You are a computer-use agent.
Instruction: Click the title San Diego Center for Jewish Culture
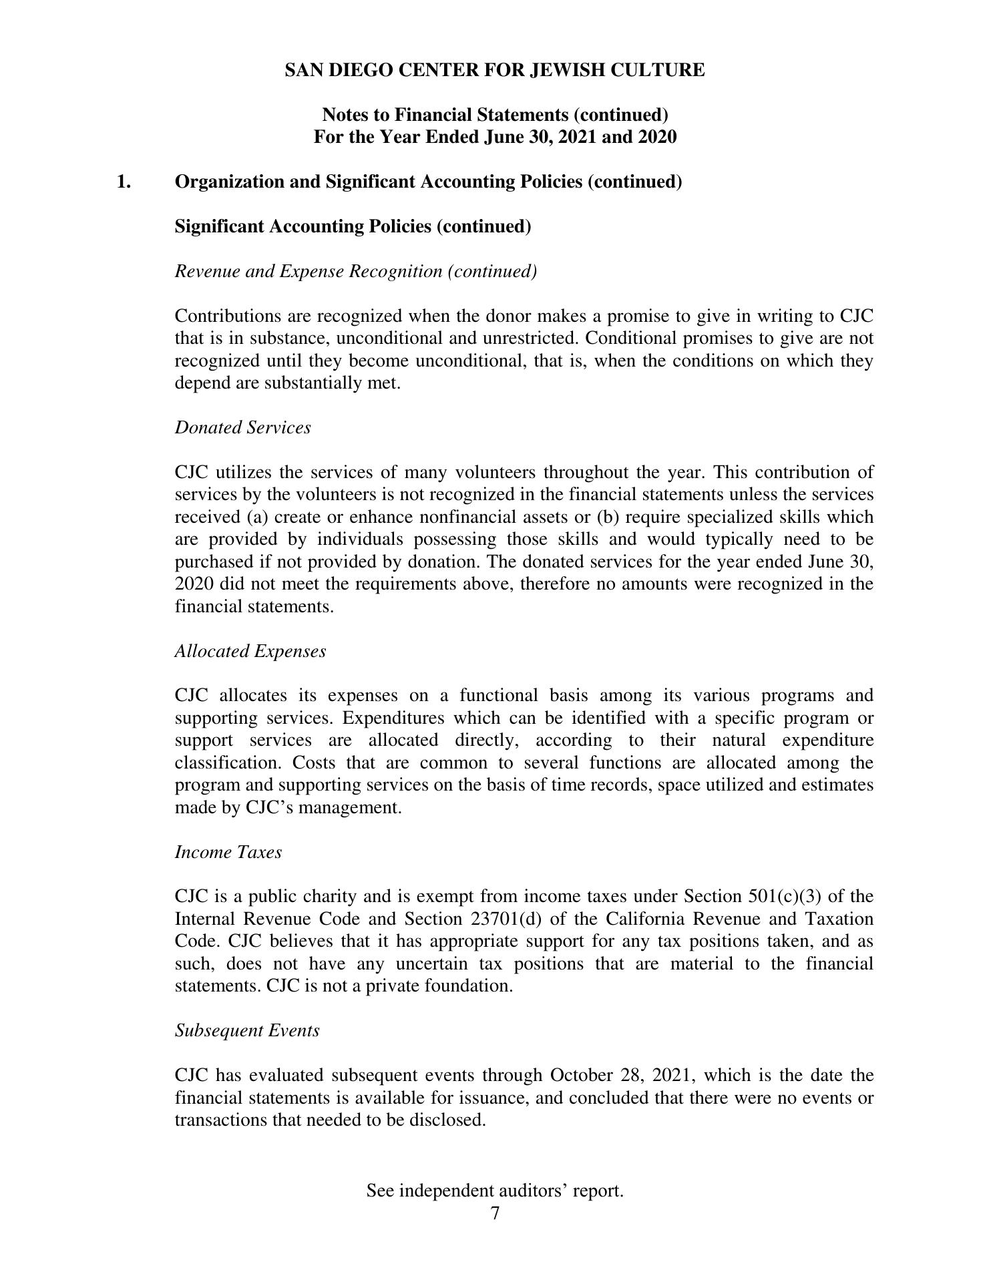[x=494, y=70]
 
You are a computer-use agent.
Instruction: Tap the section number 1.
[x=124, y=182]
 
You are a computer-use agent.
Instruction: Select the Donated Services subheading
[x=242, y=427]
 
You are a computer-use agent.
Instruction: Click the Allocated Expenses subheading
[x=250, y=651]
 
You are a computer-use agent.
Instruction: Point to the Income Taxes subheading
[x=228, y=852]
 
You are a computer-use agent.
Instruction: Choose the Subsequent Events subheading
[x=247, y=1030]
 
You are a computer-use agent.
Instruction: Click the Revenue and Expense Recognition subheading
[x=355, y=271]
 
